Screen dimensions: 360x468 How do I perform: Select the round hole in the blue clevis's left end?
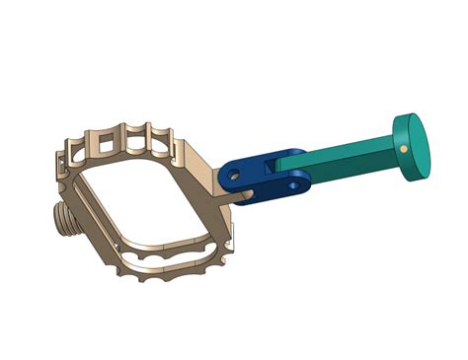234,174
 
